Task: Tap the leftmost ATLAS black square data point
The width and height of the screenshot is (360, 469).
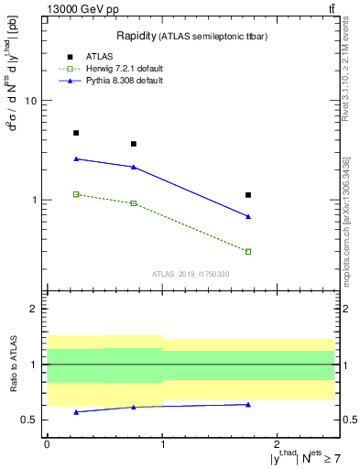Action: click(76, 133)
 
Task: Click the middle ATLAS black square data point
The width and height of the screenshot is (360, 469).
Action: click(134, 144)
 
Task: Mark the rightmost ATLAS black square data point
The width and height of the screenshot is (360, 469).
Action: click(248, 195)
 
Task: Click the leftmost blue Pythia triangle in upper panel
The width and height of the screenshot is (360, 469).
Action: click(76, 158)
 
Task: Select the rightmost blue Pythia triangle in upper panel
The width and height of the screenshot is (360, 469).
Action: click(248, 216)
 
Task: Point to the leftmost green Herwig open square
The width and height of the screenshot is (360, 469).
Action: click(76, 194)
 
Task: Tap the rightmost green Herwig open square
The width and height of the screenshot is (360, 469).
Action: click(248, 251)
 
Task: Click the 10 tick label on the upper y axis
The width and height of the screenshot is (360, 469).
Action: click(29, 101)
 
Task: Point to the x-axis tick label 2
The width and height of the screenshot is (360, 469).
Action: click(278, 443)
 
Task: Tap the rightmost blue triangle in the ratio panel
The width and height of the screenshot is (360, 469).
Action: click(248, 404)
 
